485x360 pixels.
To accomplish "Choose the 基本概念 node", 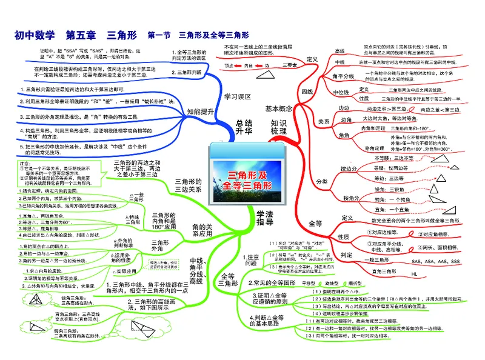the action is (279, 108).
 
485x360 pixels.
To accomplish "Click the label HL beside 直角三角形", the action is (415, 274).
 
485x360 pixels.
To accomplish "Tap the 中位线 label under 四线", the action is (343, 91).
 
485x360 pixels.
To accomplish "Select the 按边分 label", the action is (349, 168).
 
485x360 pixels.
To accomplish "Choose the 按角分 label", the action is (349, 198).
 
